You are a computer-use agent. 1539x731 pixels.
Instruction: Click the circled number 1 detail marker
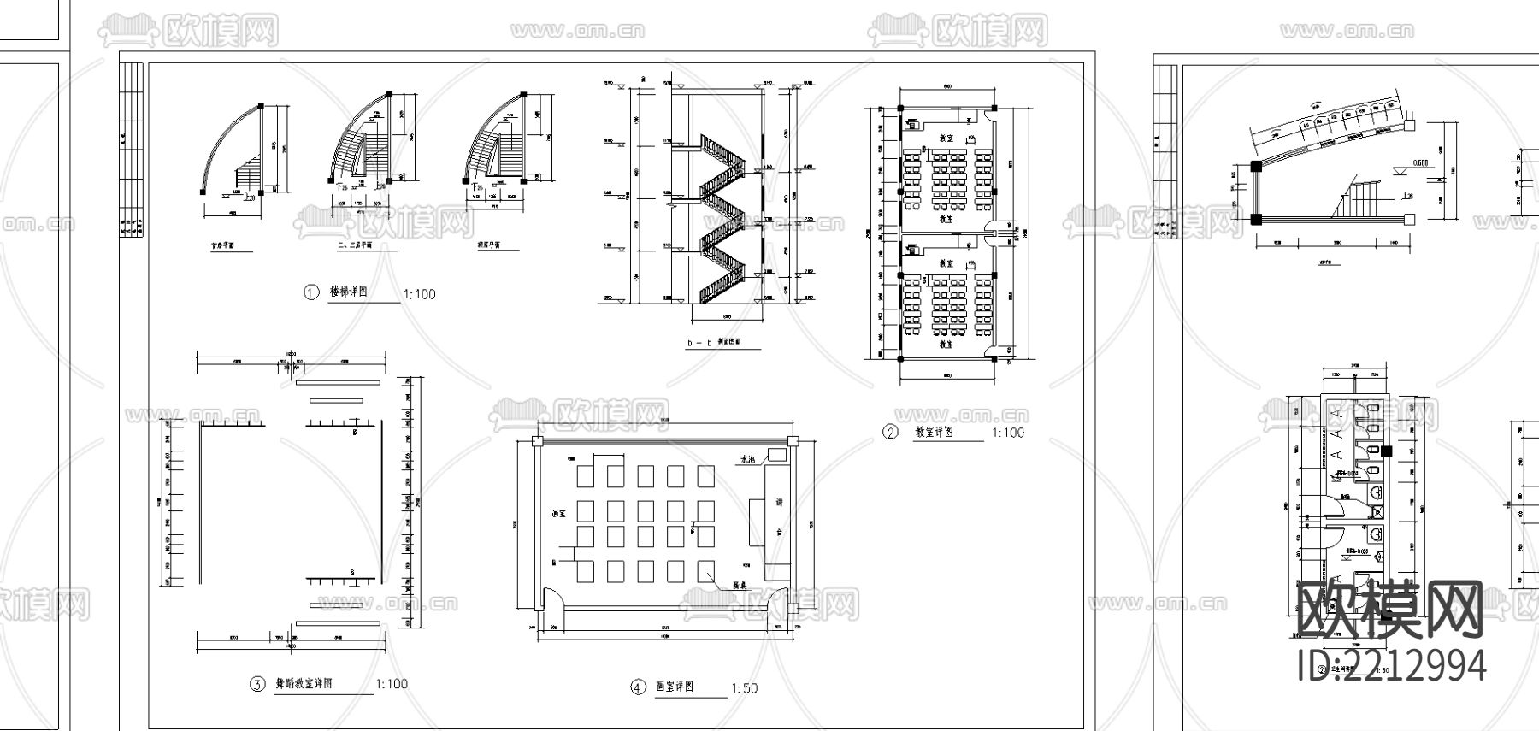point(311,292)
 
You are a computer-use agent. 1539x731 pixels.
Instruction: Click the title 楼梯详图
point(349,292)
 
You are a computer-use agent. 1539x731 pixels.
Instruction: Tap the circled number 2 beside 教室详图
point(890,433)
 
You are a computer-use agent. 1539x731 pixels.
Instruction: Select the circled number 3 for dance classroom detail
point(256,684)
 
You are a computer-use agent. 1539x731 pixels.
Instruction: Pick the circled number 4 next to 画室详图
point(638,687)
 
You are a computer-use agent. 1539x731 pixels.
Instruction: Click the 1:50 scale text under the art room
point(744,688)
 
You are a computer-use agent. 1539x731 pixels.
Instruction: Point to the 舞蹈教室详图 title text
point(303,683)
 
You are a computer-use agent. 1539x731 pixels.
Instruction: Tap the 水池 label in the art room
point(746,459)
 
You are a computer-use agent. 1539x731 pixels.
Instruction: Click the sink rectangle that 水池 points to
point(776,454)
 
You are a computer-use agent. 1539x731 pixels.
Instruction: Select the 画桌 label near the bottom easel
point(740,587)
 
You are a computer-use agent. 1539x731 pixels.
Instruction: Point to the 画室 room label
point(560,515)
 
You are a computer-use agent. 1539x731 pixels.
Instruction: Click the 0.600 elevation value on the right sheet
point(1420,162)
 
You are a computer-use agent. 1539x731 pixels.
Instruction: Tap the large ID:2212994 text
point(1391,665)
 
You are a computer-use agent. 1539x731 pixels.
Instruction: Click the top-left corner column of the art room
point(536,441)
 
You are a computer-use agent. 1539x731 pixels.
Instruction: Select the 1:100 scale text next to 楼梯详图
point(419,294)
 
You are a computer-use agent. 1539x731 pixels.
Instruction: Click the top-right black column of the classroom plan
point(994,108)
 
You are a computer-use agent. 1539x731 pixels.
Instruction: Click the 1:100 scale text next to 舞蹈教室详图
point(392,684)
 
